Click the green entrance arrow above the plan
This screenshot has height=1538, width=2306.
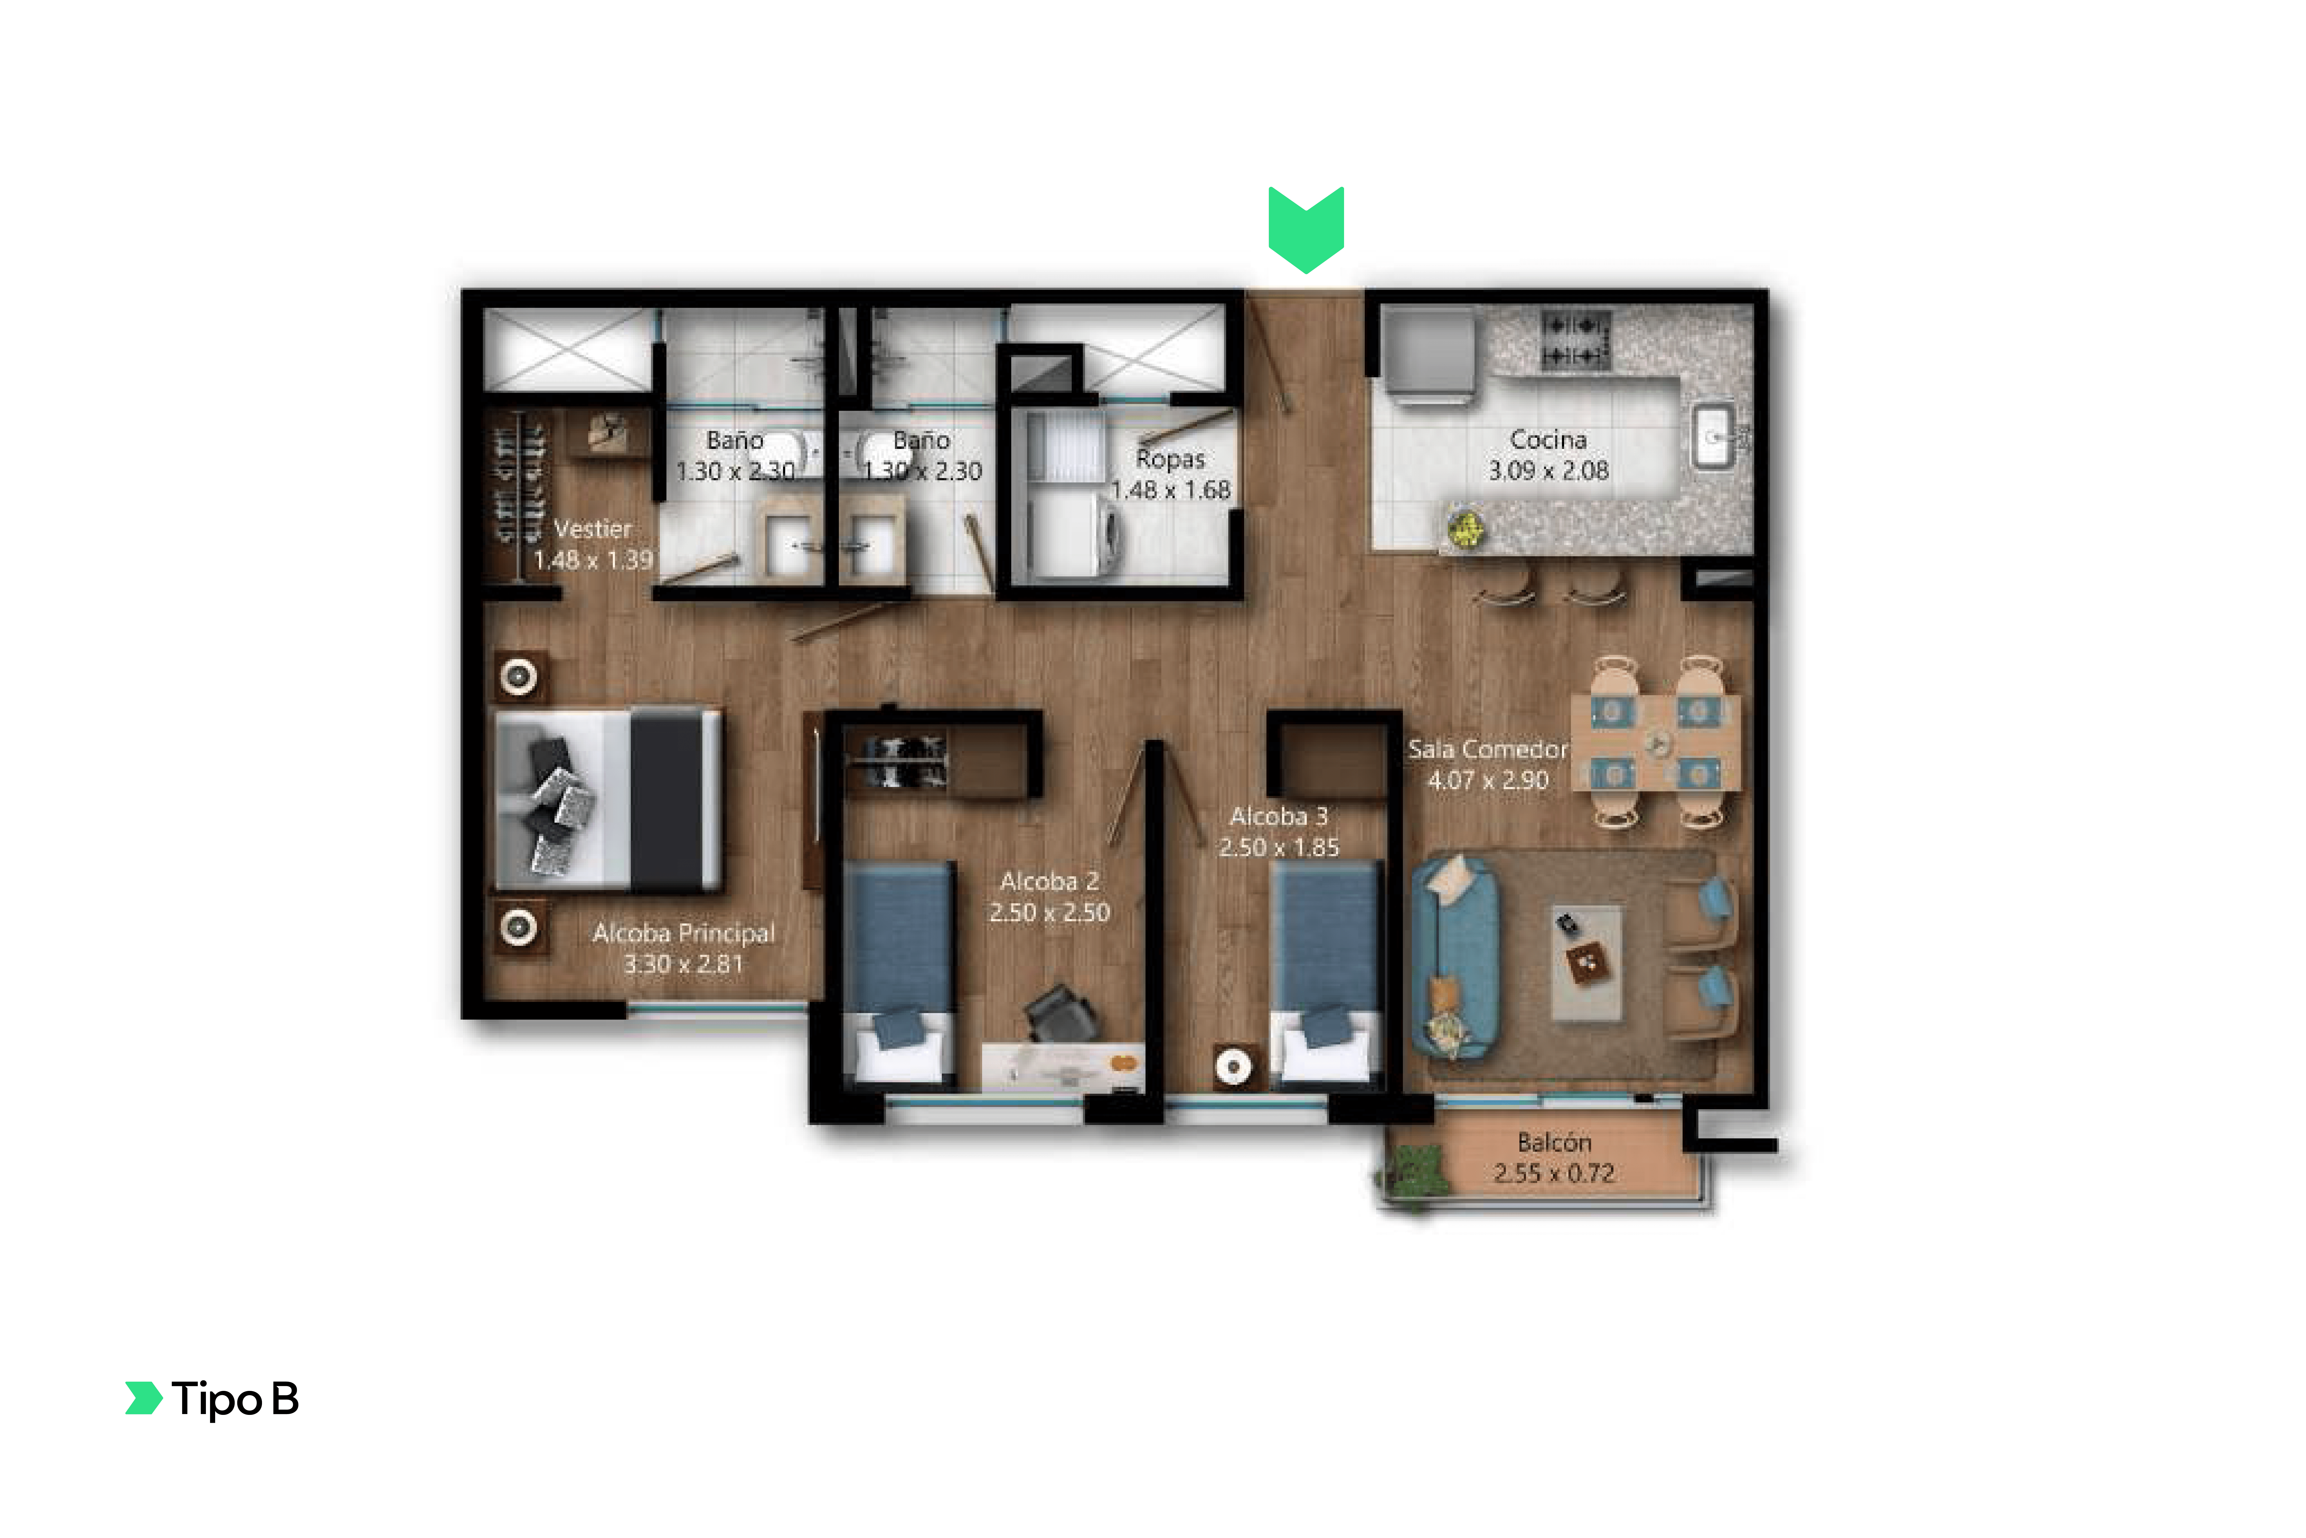(x=1306, y=230)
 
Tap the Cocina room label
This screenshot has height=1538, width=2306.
(x=1548, y=439)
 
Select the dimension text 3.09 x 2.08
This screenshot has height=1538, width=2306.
(x=1548, y=471)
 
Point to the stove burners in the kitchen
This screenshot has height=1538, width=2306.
(x=1574, y=339)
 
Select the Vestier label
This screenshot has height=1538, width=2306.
(x=592, y=529)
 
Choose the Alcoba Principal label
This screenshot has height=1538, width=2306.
(x=683, y=933)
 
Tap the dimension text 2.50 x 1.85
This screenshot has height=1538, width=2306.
(x=1278, y=847)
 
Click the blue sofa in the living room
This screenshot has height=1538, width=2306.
(x=1455, y=958)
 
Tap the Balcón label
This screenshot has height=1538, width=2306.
(x=1554, y=1143)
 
